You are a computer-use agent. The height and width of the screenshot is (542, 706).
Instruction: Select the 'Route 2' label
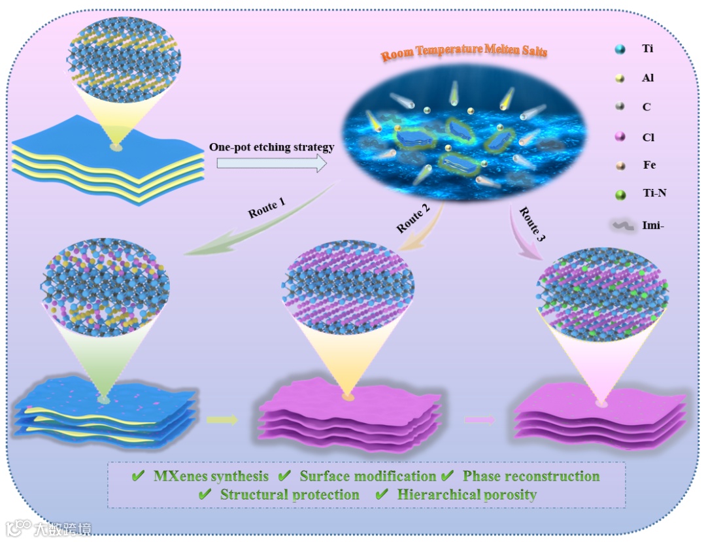(412, 219)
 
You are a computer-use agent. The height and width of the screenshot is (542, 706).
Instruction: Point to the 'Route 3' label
(531, 222)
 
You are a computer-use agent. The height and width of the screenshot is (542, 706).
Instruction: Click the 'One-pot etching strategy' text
(272, 148)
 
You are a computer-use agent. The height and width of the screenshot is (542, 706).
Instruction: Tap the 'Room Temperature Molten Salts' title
(464, 51)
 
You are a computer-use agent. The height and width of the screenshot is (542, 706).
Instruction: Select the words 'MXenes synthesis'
(210, 476)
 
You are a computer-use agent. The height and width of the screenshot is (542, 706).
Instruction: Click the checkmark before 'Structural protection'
(205, 495)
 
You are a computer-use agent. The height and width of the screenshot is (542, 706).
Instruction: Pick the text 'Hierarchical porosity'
(467, 495)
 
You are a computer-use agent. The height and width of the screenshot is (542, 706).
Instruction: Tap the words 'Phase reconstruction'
(531, 476)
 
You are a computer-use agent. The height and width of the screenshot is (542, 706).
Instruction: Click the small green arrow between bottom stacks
(222, 420)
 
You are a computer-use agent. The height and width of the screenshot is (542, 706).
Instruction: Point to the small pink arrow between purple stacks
(480, 420)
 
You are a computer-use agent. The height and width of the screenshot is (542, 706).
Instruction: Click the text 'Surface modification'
(367, 476)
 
